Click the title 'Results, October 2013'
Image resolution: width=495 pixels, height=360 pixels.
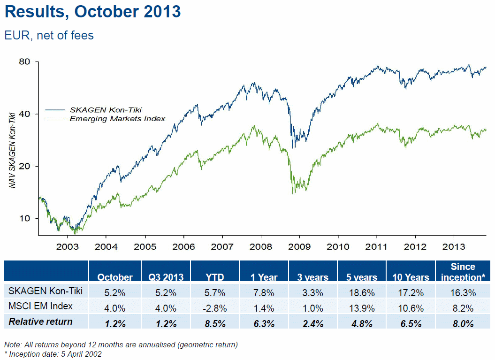tap(92, 11)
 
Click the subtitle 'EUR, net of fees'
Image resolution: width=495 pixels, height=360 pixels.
tap(49, 35)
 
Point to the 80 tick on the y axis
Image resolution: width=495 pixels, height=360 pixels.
tap(25, 61)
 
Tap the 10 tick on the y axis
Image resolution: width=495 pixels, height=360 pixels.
tap(25, 218)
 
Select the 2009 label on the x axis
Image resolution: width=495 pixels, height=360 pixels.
tap(299, 246)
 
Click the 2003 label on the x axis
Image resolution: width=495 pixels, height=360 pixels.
tap(67, 246)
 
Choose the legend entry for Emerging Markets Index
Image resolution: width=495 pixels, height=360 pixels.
tap(117, 119)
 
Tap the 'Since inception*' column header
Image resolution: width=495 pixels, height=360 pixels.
tap(463, 272)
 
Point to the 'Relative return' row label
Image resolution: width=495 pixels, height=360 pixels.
tap(41, 322)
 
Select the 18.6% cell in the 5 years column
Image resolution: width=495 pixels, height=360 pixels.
tap(362, 292)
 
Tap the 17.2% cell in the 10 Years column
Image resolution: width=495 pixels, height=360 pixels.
tap(411, 292)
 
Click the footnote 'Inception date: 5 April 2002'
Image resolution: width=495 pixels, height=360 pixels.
tap(54, 354)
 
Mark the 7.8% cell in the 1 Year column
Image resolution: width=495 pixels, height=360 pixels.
tap(265, 292)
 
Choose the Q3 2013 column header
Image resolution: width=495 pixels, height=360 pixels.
tap(167, 277)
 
